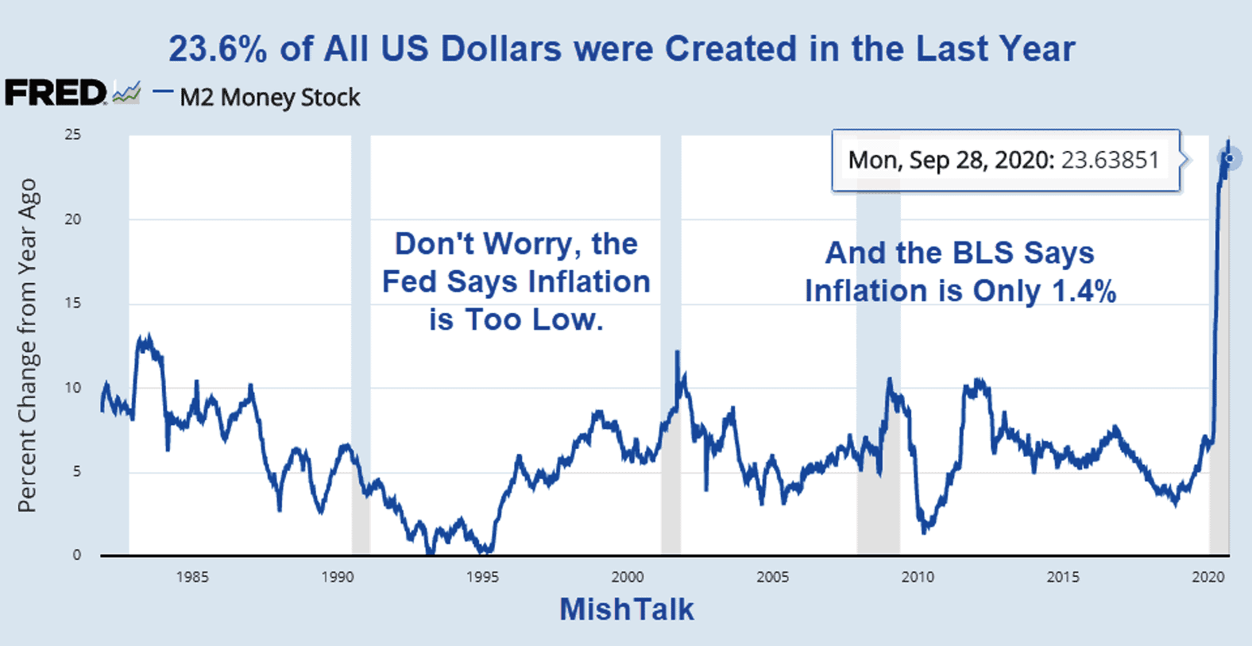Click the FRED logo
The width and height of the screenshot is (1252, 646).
click(x=56, y=93)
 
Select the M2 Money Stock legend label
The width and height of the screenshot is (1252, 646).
click(x=270, y=98)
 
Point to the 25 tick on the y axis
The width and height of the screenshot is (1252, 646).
click(x=73, y=135)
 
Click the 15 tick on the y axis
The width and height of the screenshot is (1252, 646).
click(x=73, y=304)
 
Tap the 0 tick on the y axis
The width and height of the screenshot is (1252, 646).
click(x=76, y=555)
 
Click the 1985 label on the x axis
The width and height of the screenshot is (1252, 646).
click(x=192, y=578)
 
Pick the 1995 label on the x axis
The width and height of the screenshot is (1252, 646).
click(x=482, y=578)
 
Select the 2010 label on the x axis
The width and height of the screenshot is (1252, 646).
click(x=918, y=578)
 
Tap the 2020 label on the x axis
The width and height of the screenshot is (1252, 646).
click(x=1208, y=578)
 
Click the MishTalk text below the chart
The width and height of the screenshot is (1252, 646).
click(x=627, y=609)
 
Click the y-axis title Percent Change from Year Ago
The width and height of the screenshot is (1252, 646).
click(x=28, y=345)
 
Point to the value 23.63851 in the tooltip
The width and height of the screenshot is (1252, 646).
click(x=1110, y=161)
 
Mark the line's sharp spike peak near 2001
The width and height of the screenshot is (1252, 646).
click(x=677, y=352)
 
